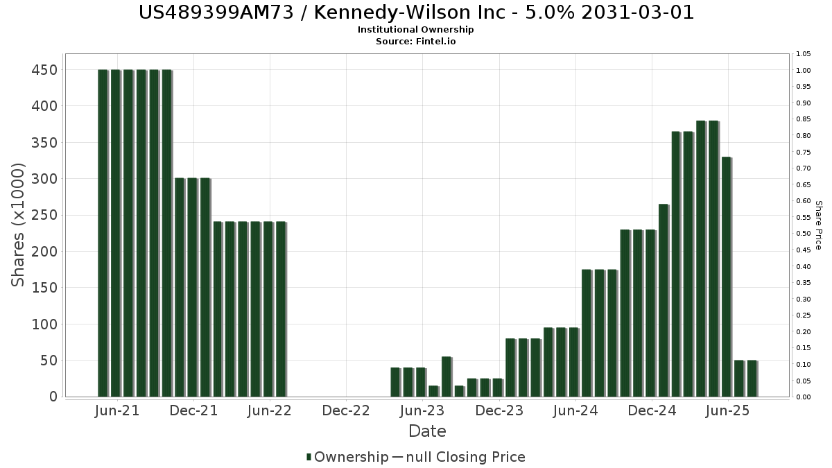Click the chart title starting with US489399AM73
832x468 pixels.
416,12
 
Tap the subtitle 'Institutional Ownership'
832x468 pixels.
416,30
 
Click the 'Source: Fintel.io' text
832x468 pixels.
416,41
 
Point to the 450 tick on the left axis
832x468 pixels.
43,70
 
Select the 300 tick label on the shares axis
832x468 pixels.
43,179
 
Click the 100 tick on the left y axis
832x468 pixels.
43,324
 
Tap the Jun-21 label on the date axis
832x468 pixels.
116,410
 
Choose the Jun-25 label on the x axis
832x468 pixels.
727,410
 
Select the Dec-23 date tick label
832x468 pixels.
499,410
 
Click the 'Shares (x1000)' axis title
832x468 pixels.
19,225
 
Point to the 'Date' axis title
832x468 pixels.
427,431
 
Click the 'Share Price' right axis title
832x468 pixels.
818,225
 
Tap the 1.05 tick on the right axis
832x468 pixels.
804,54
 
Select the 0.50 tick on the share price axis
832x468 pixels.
804,234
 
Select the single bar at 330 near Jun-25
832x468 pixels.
727,277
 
